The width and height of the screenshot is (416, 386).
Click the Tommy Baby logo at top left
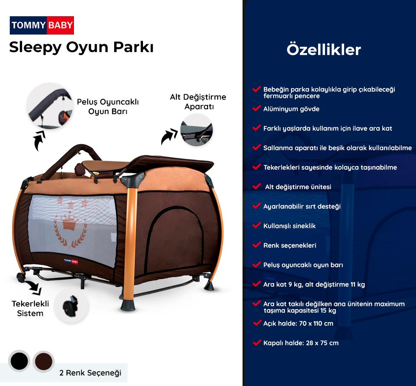pos(42,25)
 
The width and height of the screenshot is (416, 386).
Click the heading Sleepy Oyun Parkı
pos(81,47)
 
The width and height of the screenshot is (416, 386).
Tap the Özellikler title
pos(324,50)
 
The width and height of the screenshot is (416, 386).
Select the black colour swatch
pos(19,361)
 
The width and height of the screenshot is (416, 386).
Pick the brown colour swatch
pos(43,361)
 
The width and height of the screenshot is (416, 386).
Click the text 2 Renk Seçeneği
pos(90,373)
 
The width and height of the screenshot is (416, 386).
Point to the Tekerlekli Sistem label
pos(27,309)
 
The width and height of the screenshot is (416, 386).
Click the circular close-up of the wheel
pos(71,306)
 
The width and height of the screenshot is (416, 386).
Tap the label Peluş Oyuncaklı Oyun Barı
pos(108,106)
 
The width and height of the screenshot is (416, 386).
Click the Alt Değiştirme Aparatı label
pos(198,102)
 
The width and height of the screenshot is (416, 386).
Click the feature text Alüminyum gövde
pos(291,109)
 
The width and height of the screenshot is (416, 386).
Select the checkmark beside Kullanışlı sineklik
pos(256,225)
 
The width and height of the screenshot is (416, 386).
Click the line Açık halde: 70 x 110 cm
pos(298,323)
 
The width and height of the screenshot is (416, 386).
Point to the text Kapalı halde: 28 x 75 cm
pos(301,343)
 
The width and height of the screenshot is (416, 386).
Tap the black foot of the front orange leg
pos(128,304)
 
